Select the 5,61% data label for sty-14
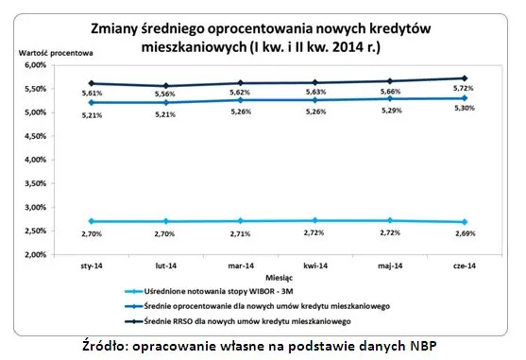(x=92, y=94)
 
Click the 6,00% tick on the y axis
(x=33, y=65)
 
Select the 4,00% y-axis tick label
(x=33, y=160)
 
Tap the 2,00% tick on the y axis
(x=33, y=254)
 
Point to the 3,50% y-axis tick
(x=33, y=183)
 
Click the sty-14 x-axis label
(x=92, y=268)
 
